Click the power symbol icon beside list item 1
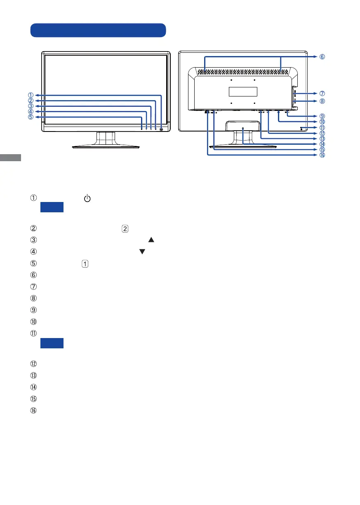[x=87, y=199]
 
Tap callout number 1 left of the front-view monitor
[x=31, y=95]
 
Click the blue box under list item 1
[x=52, y=207]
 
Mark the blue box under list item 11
[x=52, y=343]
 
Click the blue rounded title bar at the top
[x=98, y=30]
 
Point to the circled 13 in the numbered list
[x=33, y=376]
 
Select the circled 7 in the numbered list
[x=33, y=286]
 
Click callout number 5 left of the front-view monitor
[x=31, y=117]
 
